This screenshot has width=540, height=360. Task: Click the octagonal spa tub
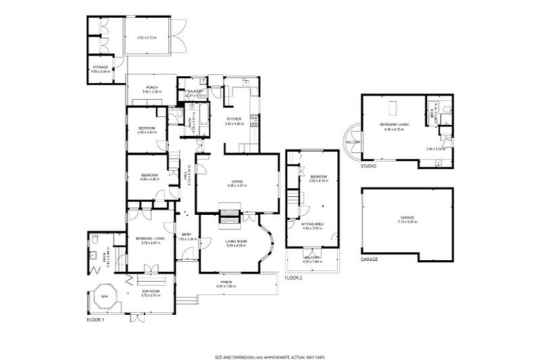pyautogui.click(x=104, y=297)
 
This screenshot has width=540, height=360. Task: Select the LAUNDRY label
pyautogui.click(x=195, y=91)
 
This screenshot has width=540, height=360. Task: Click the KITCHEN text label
pyautogui.click(x=233, y=119)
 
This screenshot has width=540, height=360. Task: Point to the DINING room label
pyautogui.click(x=237, y=183)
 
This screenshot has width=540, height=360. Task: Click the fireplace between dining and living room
pyautogui.click(x=228, y=217)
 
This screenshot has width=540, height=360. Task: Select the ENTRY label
pyautogui.click(x=186, y=234)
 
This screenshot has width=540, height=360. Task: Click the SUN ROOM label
pyautogui.click(x=151, y=290)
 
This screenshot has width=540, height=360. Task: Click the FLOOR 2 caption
pyautogui.click(x=295, y=278)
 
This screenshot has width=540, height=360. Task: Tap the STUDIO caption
pyautogui.click(x=368, y=167)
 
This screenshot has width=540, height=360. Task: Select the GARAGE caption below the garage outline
pyautogui.click(x=369, y=259)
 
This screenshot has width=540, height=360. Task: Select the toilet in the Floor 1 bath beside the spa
pyautogui.click(x=94, y=240)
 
